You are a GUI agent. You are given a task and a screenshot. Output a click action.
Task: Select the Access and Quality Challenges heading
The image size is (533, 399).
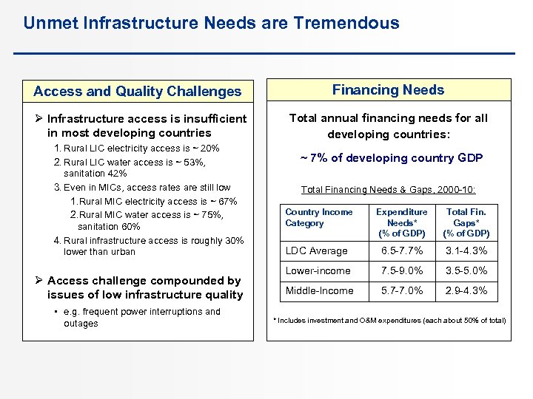pyautogui.click(x=138, y=92)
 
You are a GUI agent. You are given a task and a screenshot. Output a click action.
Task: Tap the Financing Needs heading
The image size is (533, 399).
pyautogui.click(x=388, y=90)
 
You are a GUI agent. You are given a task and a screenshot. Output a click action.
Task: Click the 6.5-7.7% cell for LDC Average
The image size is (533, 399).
pyautogui.click(x=401, y=250)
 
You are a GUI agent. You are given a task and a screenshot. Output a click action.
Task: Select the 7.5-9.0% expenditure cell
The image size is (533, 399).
pyautogui.click(x=401, y=270)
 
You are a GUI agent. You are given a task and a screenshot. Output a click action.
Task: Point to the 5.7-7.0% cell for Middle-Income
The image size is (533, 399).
pyautogui.click(x=401, y=290)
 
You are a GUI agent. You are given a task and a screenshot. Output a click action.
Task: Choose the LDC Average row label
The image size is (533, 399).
pyautogui.click(x=316, y=250)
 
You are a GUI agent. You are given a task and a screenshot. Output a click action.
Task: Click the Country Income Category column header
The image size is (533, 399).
pyautogui.click(x=319, y=217)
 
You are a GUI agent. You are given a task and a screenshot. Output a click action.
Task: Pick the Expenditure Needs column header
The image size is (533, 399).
pyautogui.click(x=401, y=222)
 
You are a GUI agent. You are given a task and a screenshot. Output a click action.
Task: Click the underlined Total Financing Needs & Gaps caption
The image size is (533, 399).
pyautogui.click(x=388, y=188)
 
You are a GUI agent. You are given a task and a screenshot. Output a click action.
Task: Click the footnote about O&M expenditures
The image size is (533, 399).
pyautogui.click(x=389, y=320)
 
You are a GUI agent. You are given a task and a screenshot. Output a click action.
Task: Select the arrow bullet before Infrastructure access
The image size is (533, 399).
pyautogui.click(x=39, y=118)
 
